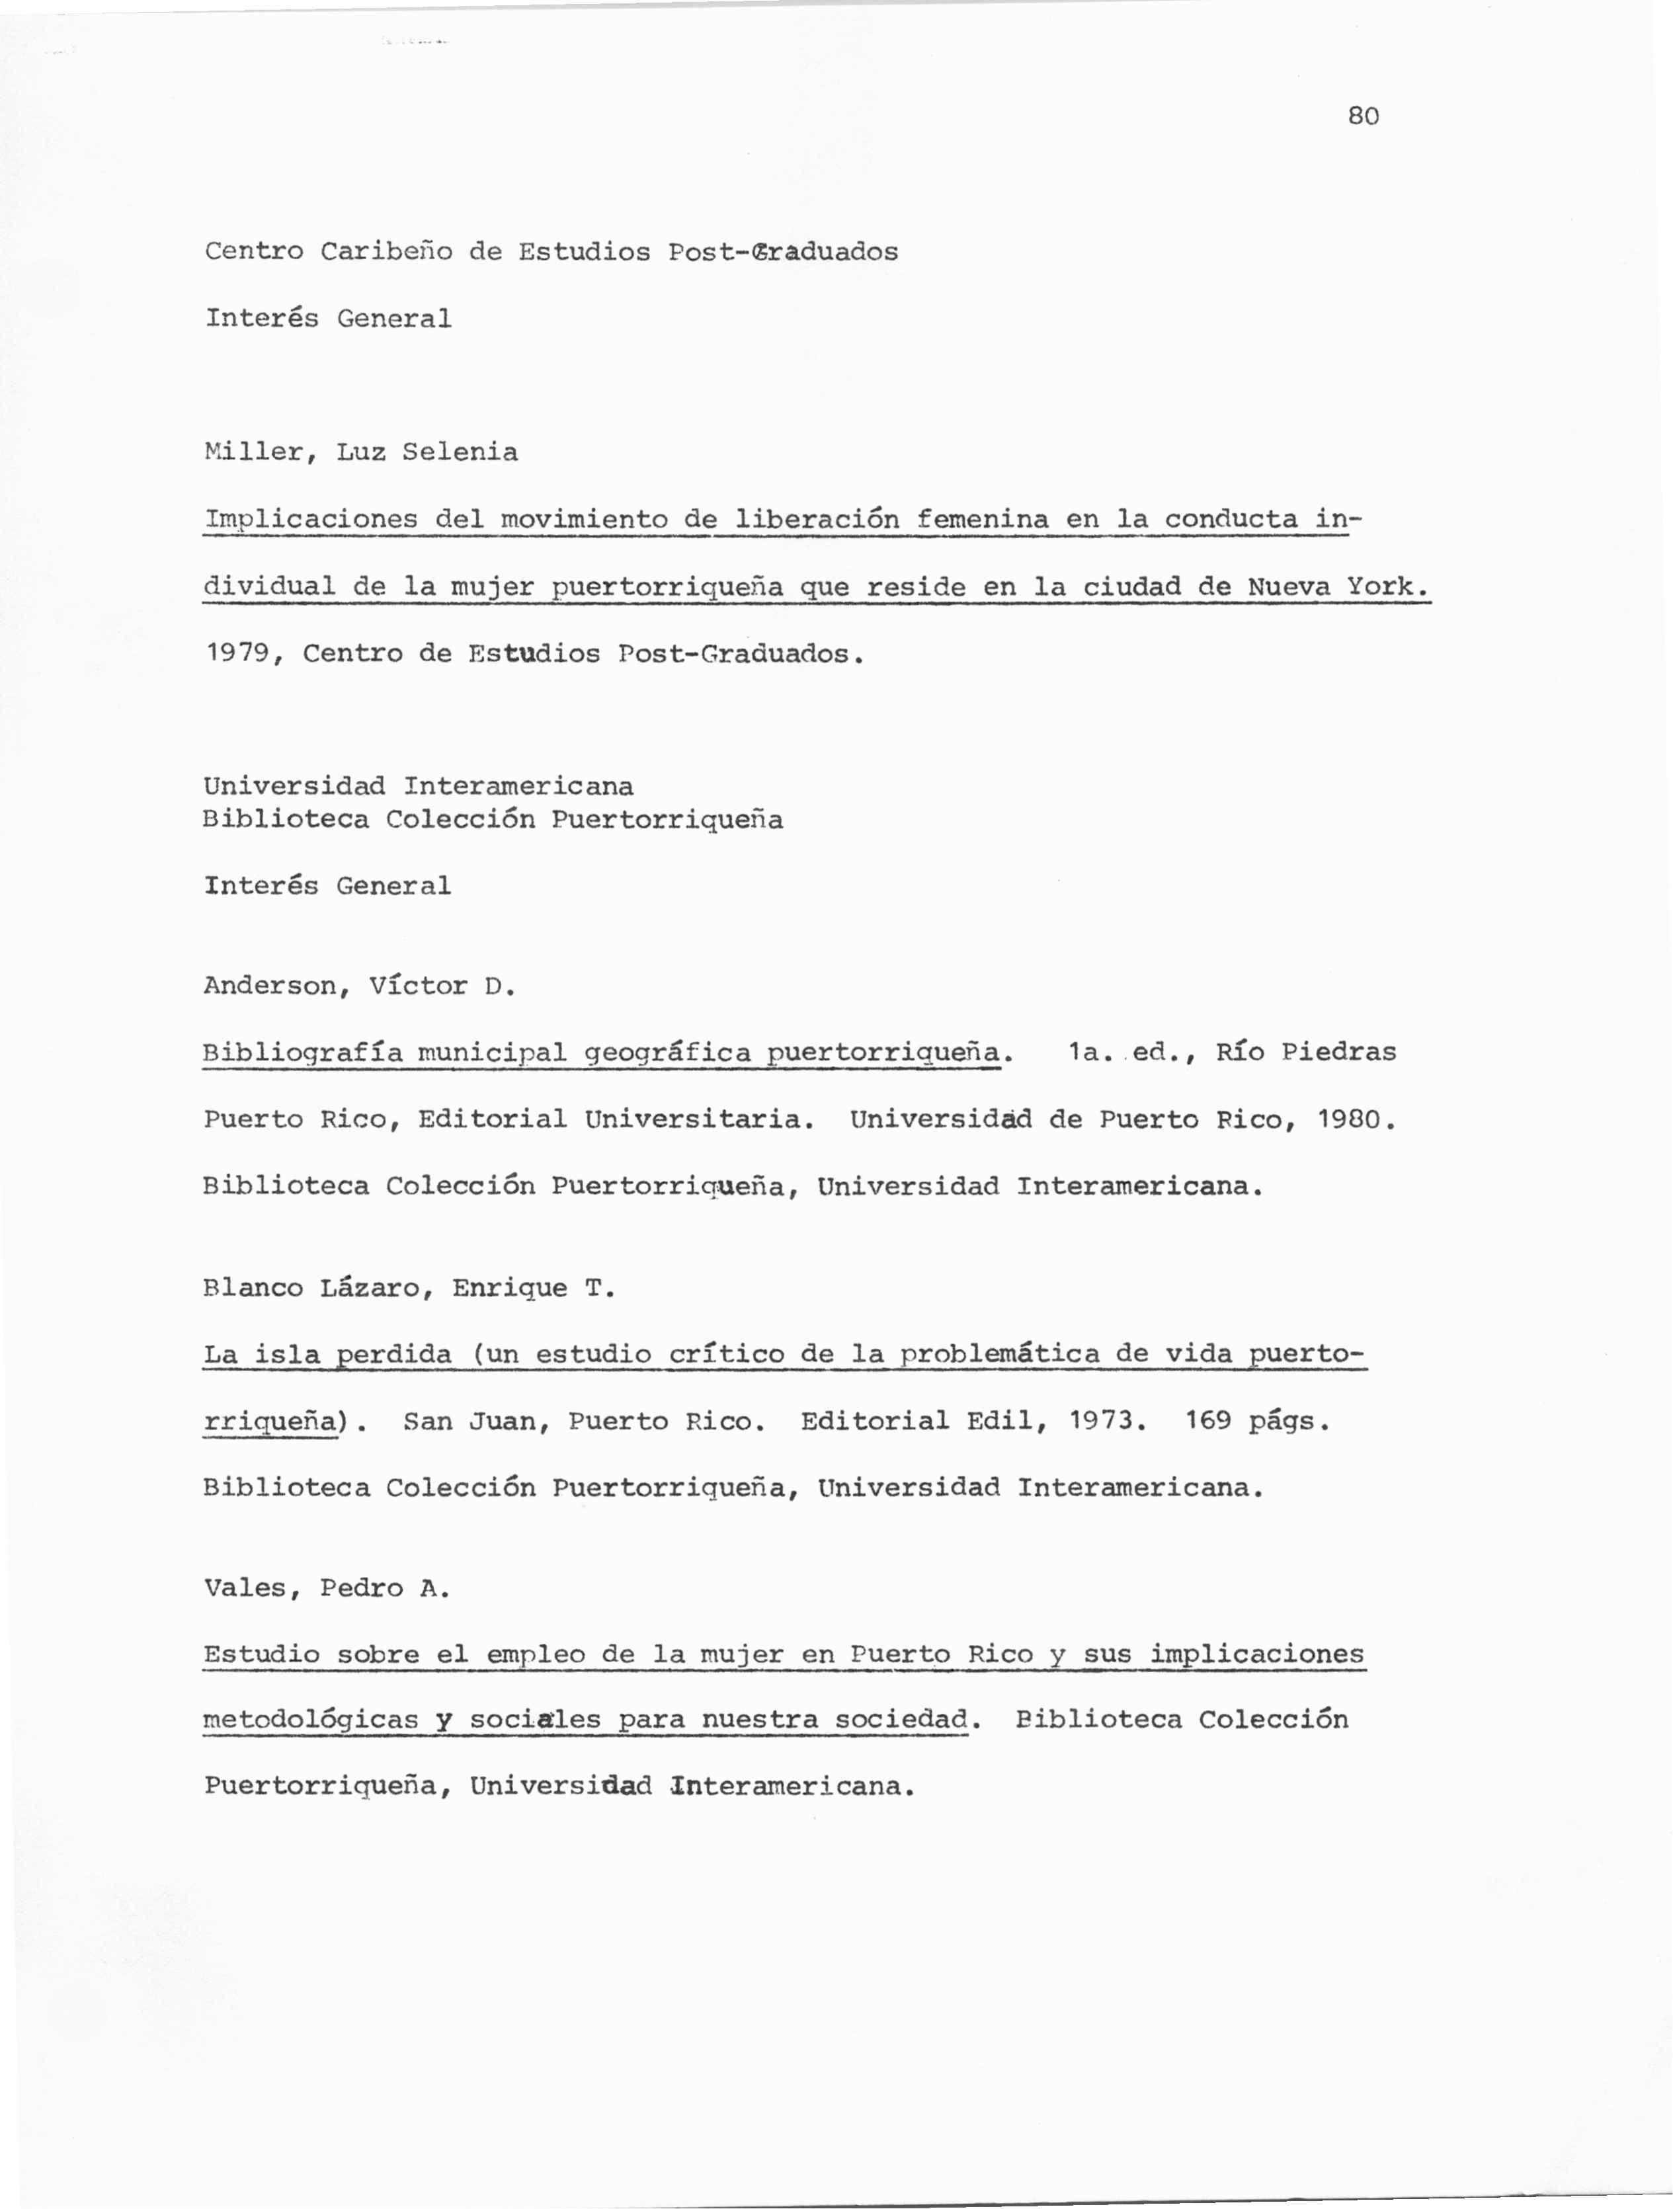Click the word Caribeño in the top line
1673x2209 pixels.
click(386, 252)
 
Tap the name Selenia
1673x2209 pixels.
click(460, 452)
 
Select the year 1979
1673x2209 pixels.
click(237, 654)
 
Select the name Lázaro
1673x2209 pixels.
click(370, 1288)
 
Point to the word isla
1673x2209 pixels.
click(286, 1355)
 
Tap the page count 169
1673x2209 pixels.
click(1209, 1421)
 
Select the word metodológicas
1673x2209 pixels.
click(309, 1720)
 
